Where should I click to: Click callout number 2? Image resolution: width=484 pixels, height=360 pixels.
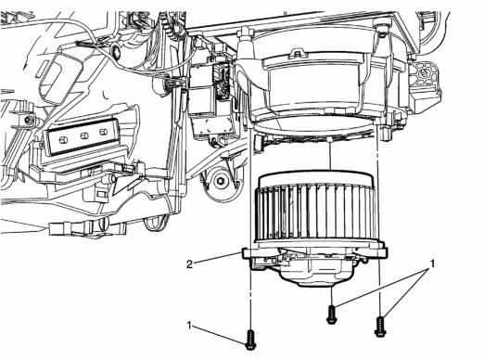coord(189,264)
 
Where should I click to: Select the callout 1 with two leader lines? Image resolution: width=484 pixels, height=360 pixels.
coord(433,264)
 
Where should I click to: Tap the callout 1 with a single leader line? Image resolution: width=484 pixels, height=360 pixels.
coord(190,326)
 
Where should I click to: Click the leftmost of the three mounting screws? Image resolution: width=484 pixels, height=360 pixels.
coord(250,341)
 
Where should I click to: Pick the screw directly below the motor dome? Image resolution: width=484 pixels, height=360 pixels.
coord(331,315)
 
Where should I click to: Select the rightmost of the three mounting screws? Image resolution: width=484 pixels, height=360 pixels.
coord(379,327)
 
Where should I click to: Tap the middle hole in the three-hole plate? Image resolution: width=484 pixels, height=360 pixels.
coord(83,135)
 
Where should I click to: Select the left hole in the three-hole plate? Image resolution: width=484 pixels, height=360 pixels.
coord(64,140)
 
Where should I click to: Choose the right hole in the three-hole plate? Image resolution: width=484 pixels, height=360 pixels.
coord(103,132)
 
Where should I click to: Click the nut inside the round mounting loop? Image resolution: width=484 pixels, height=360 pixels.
coord(221,181)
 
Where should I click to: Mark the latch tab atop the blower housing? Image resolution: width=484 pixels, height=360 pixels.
coord(297,53)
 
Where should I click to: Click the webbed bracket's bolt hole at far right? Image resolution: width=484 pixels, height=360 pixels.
coord(424,72)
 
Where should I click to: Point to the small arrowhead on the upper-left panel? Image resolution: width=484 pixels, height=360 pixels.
coord(26,65)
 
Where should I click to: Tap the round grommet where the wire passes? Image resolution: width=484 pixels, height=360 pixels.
coord(117,50)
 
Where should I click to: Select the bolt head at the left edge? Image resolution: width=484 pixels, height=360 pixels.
coord(30,120)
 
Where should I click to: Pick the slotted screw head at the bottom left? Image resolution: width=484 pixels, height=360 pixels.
coord(104,224)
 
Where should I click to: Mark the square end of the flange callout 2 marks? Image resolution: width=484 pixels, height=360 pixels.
coord(247,253)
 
